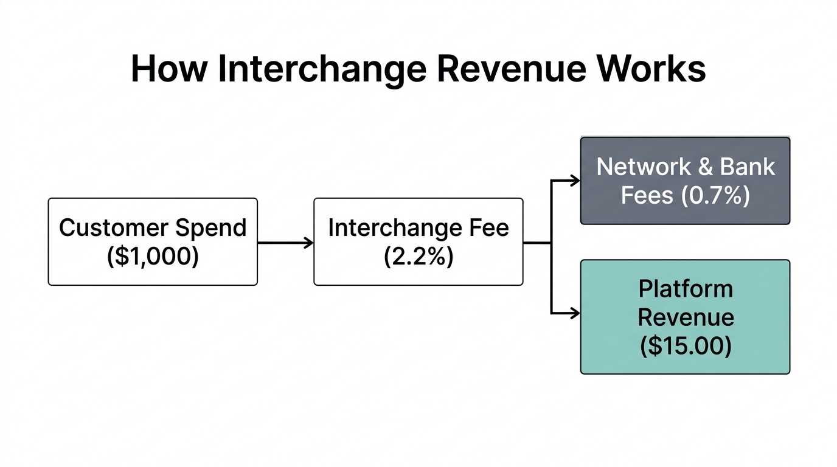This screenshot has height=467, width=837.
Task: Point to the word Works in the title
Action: [650, 69]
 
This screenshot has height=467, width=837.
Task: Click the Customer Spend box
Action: [153, 241]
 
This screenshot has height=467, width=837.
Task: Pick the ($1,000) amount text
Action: [153, 257]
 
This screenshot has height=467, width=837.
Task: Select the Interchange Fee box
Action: [418, 241]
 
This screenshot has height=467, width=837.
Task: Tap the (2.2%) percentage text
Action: [418, 257]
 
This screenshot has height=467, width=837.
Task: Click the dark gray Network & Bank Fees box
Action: [685, 181]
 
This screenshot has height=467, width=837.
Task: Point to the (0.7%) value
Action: [715, 196]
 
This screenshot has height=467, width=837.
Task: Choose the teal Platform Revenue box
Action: [685, 316]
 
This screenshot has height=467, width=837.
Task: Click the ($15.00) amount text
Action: [686, 346]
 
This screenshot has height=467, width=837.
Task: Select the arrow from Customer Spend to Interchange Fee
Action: [285, 243]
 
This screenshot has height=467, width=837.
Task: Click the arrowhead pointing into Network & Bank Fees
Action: [575, 181]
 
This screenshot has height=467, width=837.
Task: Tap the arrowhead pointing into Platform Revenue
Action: [575, 314]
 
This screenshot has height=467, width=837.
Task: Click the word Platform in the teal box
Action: [686, 288]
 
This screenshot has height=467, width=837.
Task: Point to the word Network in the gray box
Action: [644, 167]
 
